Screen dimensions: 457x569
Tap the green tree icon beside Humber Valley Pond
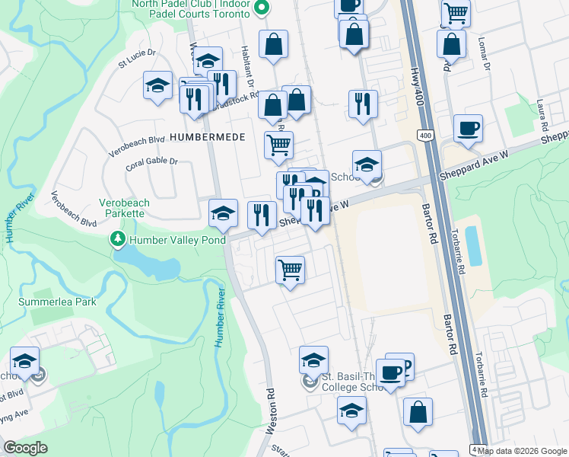coord(118,240)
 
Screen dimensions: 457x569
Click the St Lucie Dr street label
coord(136,59)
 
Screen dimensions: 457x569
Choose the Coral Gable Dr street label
coord(151,162)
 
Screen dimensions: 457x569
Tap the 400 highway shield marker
coord(424,136)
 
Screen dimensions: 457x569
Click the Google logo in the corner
coord(26,448)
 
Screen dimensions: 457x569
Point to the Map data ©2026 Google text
coord(523,451)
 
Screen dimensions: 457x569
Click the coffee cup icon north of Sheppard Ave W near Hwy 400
coord(468,128)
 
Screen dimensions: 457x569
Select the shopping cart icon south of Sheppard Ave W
coord(290,269)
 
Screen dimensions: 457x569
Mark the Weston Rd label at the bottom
coord(269,412)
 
